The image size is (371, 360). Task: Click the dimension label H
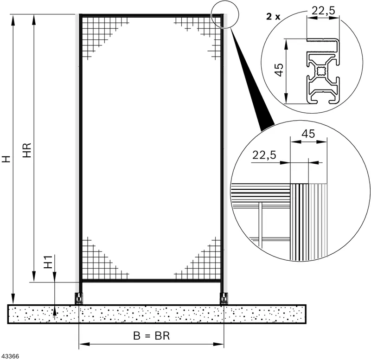coord(6,159)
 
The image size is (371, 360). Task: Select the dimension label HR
coord(27,150)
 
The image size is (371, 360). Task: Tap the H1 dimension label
coord(48,262)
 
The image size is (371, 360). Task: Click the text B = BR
coord(152,335)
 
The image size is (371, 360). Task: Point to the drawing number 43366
coord(10,356)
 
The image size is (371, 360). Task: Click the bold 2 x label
coord(273,17)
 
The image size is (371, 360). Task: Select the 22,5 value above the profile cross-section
coord(323,11)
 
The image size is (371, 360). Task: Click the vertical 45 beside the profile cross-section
coord(279,70)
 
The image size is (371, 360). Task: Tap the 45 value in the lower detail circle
coord(308,134)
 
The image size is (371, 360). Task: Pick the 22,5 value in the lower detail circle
coord(264,155)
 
